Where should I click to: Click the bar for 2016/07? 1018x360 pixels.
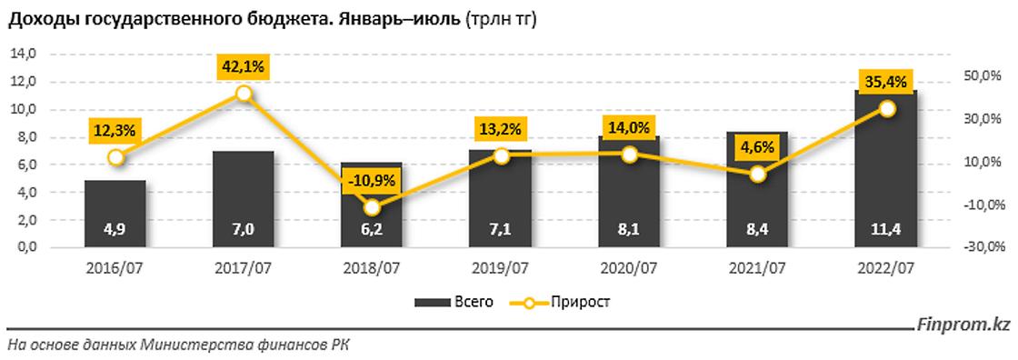click(x=115, y=214)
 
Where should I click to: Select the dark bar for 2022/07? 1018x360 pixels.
click(x=886, y=173)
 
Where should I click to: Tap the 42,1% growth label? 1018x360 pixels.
click(x=243, y=66)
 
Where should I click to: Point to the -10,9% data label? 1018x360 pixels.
click(x=371, y=180)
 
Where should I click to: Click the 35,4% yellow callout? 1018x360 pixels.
click(x=885, y=83)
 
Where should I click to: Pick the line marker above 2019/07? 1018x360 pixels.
click(x=501, y=155)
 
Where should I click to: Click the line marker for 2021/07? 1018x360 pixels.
click(x=758, y=174)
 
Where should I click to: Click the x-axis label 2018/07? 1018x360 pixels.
click(x=371, y=268)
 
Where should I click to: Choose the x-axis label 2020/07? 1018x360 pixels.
click(x=629, y=268)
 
